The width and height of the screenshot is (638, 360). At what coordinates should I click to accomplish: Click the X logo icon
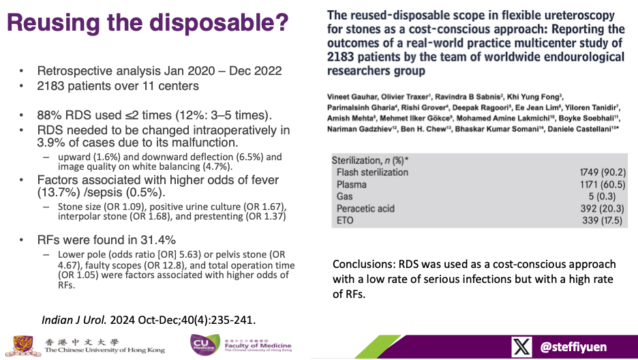point(521,346)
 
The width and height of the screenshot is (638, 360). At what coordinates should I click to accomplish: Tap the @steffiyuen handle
point(573,347)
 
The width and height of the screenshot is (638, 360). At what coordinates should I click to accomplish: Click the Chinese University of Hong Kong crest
point(22,346)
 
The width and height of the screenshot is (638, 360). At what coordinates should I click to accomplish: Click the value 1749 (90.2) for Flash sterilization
point(603,172)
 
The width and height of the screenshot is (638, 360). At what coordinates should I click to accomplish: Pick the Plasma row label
point(352,185)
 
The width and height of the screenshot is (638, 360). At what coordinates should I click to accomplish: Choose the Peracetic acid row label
point(365,209)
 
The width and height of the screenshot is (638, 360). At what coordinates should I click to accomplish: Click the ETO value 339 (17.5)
point(602,220)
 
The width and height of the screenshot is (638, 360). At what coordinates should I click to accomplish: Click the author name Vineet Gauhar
point(352,97)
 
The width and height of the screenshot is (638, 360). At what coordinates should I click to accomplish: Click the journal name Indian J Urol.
point(74,320)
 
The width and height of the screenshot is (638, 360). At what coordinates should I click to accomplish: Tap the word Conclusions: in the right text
point(364,265)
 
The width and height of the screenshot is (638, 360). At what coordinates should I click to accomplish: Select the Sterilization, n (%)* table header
point(370,161)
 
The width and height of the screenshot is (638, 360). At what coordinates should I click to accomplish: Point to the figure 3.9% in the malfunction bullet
point(50,142)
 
